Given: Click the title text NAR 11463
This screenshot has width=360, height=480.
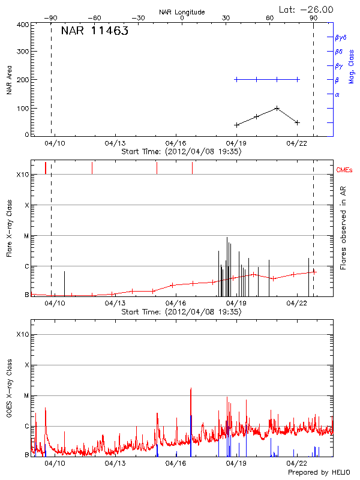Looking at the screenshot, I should click(x=94, y=32).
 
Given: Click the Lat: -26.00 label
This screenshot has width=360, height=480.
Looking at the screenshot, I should click(x=307, y=10).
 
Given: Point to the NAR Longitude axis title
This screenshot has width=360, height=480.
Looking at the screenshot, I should click(x=182, y=12).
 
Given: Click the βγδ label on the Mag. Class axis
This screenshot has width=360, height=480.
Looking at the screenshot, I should click(x=341, y=37).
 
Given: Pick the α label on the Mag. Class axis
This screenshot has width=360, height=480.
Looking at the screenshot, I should click(x=337, y=94).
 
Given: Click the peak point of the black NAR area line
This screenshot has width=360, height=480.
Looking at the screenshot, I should click(x=277, y=108).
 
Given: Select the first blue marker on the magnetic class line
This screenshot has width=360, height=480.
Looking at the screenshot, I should click(x=236, y=79).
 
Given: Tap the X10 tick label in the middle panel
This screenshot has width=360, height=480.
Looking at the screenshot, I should click(x=23, y=175).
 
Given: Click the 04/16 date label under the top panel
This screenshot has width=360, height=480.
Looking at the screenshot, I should click(x=175, y=143).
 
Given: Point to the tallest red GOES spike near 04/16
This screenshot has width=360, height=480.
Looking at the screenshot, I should click(x=191, y=389).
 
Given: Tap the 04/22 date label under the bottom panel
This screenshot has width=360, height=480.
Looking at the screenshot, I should click(x=296, y=464).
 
